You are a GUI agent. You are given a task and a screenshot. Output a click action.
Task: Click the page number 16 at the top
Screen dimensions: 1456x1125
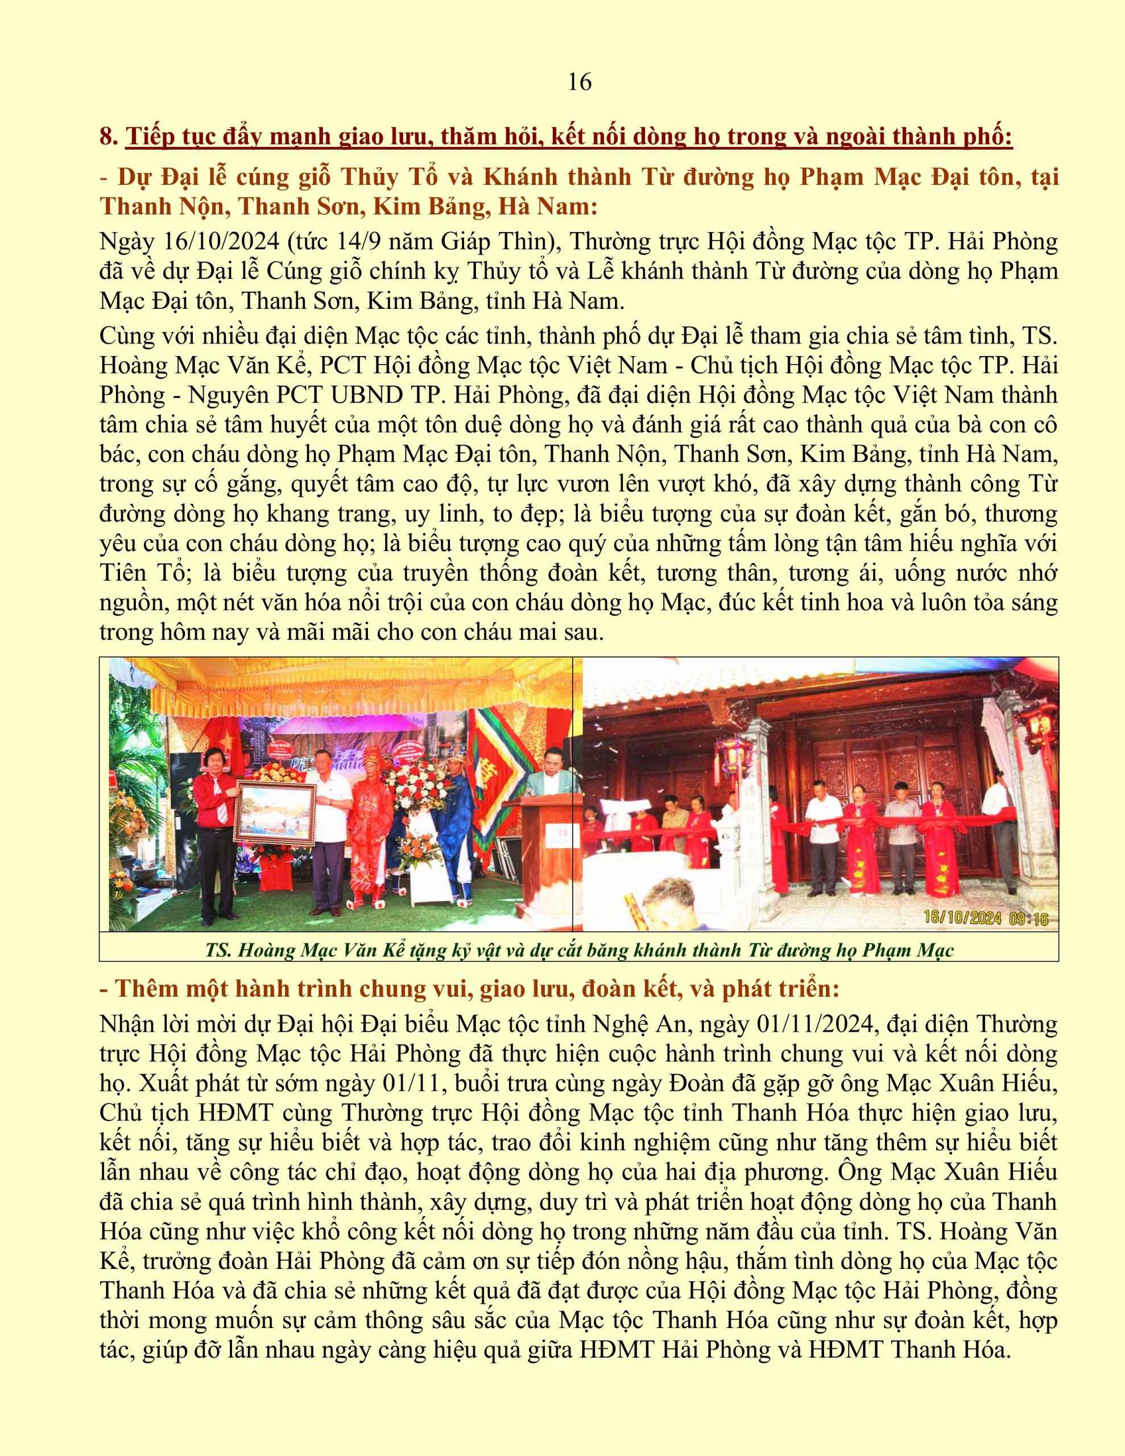tap(580, 82)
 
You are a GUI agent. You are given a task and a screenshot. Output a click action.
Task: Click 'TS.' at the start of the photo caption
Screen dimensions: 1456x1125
tap(218, 949)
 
